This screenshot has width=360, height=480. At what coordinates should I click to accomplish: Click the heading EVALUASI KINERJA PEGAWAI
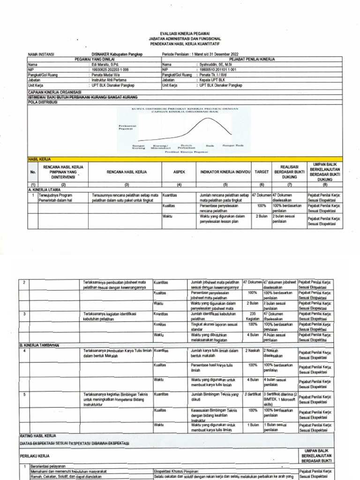pyautogui.click(x=180, y=33)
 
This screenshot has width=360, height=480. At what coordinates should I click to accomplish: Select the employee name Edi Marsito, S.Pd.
pyautogui.click(x=105, y=65)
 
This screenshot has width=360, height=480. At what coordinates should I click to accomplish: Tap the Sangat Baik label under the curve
pyautogui.click(x=232, y=145)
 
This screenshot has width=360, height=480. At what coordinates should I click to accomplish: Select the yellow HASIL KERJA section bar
pyautogui.click(x=180, y=159)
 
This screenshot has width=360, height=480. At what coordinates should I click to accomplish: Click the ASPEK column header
pyautogui.click(x=179, y=172)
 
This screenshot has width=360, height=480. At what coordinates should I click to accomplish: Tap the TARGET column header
pyautogui.click(x=262, y=172)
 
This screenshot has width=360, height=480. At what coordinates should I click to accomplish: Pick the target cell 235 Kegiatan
pyautogui.click(x=252, y=315)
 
